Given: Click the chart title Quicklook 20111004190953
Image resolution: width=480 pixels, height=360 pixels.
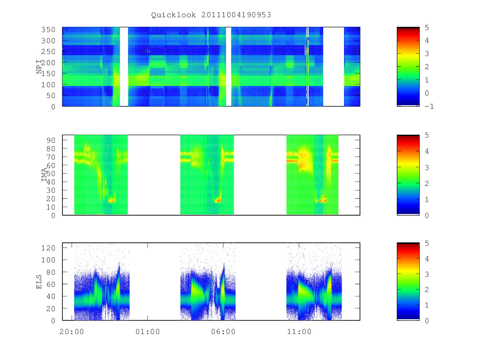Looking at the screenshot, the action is tap(211, 15).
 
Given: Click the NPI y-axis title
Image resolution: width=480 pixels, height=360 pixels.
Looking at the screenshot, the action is tap(39, 67).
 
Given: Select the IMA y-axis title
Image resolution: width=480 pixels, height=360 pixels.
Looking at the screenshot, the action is tap(44, 175).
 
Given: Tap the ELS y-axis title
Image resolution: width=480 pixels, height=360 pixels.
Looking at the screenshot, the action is tap(39, 282).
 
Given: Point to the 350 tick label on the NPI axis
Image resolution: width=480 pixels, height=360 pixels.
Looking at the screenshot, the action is tap(48, 30).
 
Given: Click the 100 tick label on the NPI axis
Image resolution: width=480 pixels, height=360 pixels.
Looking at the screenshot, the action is tap(48, 84).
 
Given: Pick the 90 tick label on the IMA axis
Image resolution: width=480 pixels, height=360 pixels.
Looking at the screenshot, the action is tap(51, 140).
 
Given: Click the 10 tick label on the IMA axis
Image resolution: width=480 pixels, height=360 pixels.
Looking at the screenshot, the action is tap(51, 207).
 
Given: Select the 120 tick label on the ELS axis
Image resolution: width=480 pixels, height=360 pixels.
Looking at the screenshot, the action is tap(48, 248).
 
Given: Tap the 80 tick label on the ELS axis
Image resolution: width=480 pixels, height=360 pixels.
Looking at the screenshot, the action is tap(51, 272).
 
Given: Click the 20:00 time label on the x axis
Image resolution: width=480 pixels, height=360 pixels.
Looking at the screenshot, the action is tap(72, 332).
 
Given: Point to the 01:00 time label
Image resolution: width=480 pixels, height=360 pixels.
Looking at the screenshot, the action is tap(148, 332).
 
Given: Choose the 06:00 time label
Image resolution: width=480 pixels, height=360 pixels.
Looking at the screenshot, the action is tap(223, 332).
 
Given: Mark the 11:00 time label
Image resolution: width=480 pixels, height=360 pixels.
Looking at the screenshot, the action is tap(299, 332).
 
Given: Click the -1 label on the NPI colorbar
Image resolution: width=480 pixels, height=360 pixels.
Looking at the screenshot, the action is tap(429, 106).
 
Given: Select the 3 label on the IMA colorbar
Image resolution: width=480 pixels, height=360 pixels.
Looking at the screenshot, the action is tap(427, 168).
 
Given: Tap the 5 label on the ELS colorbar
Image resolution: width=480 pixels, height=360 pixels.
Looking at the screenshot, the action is tap(427, 243).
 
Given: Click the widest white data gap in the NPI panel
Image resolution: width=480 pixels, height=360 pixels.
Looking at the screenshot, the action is tap(334, 67).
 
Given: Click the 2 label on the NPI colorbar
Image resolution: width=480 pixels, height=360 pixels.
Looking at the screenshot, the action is tap(427, 67).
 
